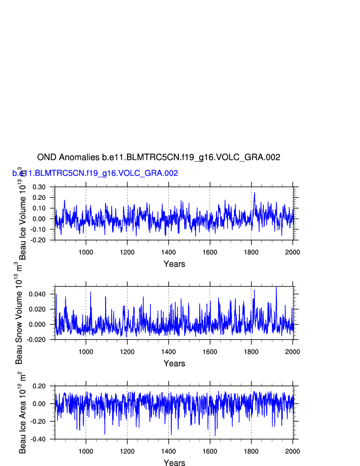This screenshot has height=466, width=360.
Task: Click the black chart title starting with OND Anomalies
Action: tap(158, 157)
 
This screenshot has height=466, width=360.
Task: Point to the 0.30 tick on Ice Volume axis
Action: tap(39, 187)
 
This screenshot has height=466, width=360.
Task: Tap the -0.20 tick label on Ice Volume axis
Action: tap(38, 240)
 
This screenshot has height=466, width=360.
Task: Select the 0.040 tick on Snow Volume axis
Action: tap(37, 294)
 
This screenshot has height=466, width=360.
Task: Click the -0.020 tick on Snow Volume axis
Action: tap(36, 339)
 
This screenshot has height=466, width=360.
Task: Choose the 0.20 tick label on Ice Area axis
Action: tap(39, 386)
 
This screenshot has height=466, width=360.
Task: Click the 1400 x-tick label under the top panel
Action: tap(168, 252)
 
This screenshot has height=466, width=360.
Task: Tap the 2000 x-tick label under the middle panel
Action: tap(292, 351)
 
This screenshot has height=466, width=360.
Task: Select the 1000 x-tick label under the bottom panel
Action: tap(86, 451)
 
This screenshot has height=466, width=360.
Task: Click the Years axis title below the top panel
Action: tap(174, 264)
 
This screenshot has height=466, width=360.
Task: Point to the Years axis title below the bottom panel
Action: tap(174, 463)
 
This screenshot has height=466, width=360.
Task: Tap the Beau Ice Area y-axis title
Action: tap(22, 413)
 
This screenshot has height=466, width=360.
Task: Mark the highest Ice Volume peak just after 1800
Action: tap(254, 193)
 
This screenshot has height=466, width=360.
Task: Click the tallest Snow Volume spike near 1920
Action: tap(276, 287)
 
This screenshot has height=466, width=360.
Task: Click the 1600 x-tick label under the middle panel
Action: tap(210, 351)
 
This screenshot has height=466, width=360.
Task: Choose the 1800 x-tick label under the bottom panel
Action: tap(251, 451)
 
